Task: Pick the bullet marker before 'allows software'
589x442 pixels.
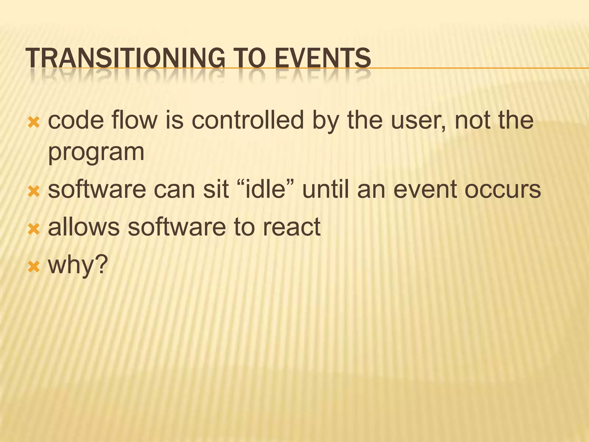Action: pos(34,229)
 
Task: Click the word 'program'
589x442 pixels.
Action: pos(96,153)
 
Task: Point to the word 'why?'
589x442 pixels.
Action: pos(78,265)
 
